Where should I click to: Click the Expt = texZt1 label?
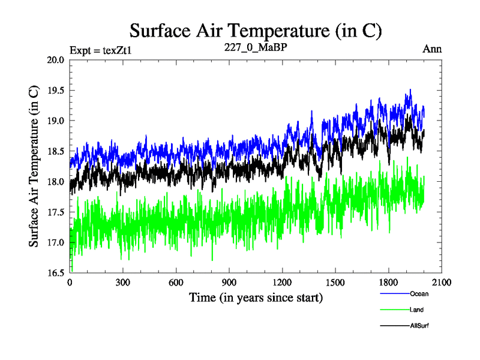coord(100,50)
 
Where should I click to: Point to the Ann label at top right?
coord(432,49)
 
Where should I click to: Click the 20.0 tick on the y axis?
coord(56,60)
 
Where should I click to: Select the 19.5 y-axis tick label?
coord(56,91)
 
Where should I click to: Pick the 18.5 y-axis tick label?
coord(56,151)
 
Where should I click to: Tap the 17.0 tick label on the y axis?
coord(56,242)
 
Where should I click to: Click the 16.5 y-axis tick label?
coord(56,273)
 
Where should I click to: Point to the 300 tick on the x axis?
coord(122,283)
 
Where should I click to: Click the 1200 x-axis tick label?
coord(281,283)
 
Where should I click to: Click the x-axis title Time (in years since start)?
coord(256,297)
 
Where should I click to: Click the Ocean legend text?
coord(419,294)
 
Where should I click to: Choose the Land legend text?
coord(417,310)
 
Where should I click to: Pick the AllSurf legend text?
coord(419,325)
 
